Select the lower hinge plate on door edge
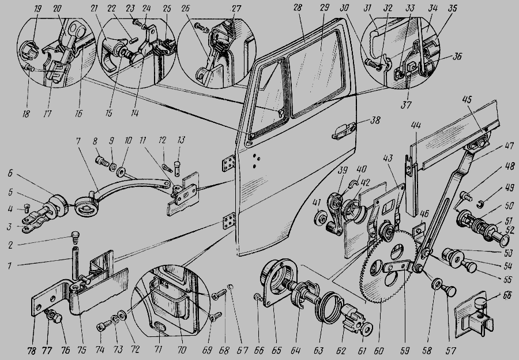point(230,222)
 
